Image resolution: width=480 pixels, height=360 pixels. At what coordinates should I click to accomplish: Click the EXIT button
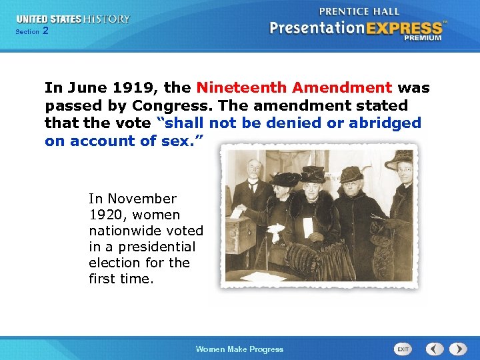[403, 349]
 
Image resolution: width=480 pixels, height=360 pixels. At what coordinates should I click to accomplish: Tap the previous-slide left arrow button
[435, 349]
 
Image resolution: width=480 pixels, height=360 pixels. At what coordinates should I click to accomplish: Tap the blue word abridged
[387, 123]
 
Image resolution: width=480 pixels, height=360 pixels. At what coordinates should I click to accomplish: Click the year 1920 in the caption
[103, 215]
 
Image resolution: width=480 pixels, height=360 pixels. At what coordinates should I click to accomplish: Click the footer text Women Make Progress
[239, 349]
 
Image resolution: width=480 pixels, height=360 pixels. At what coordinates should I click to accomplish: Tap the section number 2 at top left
[45, 31]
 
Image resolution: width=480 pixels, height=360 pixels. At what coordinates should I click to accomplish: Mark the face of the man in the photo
[253, 169]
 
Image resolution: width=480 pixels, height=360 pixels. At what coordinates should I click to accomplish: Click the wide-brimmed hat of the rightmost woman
[401, 159]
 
